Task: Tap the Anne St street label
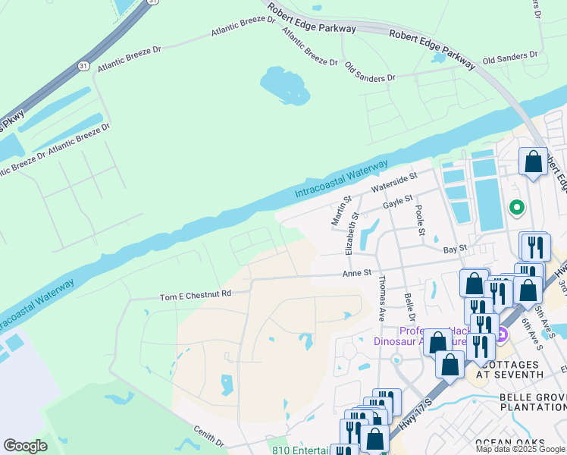point(357,273)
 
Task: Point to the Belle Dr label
point(409,307)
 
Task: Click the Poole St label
point(419,215)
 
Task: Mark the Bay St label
point(453,248)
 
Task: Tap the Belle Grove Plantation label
point(531,402)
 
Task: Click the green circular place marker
point(517,206)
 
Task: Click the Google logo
point(25,446)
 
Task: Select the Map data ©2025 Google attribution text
point(521,449)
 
